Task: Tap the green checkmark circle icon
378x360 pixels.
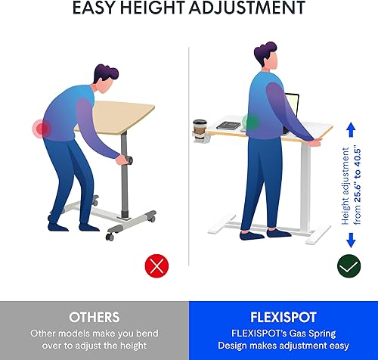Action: point(349,265)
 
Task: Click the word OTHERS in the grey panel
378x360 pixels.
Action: point(94,316)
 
